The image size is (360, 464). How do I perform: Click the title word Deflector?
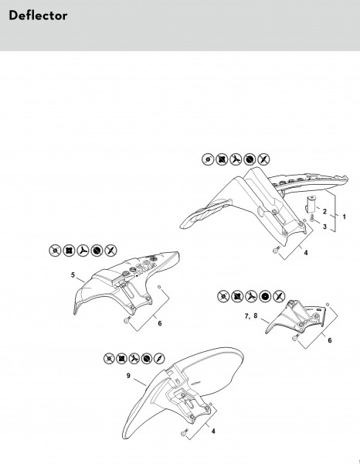(x=38, y=15)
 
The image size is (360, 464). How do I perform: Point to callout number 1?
(x=344, y=217)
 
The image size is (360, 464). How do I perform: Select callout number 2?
(x=324, y=211)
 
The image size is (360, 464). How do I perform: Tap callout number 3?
(x=324, y=227)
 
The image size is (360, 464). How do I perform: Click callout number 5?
(x=73, y=275)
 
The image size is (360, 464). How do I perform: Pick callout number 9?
(x=128, y=376)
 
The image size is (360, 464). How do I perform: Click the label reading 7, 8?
(x=251, y=316)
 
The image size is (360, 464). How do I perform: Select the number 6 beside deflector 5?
(x=160, y=323)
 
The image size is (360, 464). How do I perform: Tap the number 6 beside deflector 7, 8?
(x=330, y=340)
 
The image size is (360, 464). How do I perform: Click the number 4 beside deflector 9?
(x=213, y=432)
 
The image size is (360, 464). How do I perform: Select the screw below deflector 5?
(x=127, y=319)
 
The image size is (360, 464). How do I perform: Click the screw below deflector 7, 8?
(x=295, y=336)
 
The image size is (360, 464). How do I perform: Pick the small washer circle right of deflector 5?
(x=159, y=287)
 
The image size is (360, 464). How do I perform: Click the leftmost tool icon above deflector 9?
(x=109, y=358)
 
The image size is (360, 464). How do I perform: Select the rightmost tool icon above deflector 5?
(x=110, y=251)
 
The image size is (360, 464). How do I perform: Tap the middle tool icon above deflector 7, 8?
(x=251, y=296)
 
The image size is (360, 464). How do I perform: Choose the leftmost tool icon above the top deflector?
(x=208, y=159)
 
